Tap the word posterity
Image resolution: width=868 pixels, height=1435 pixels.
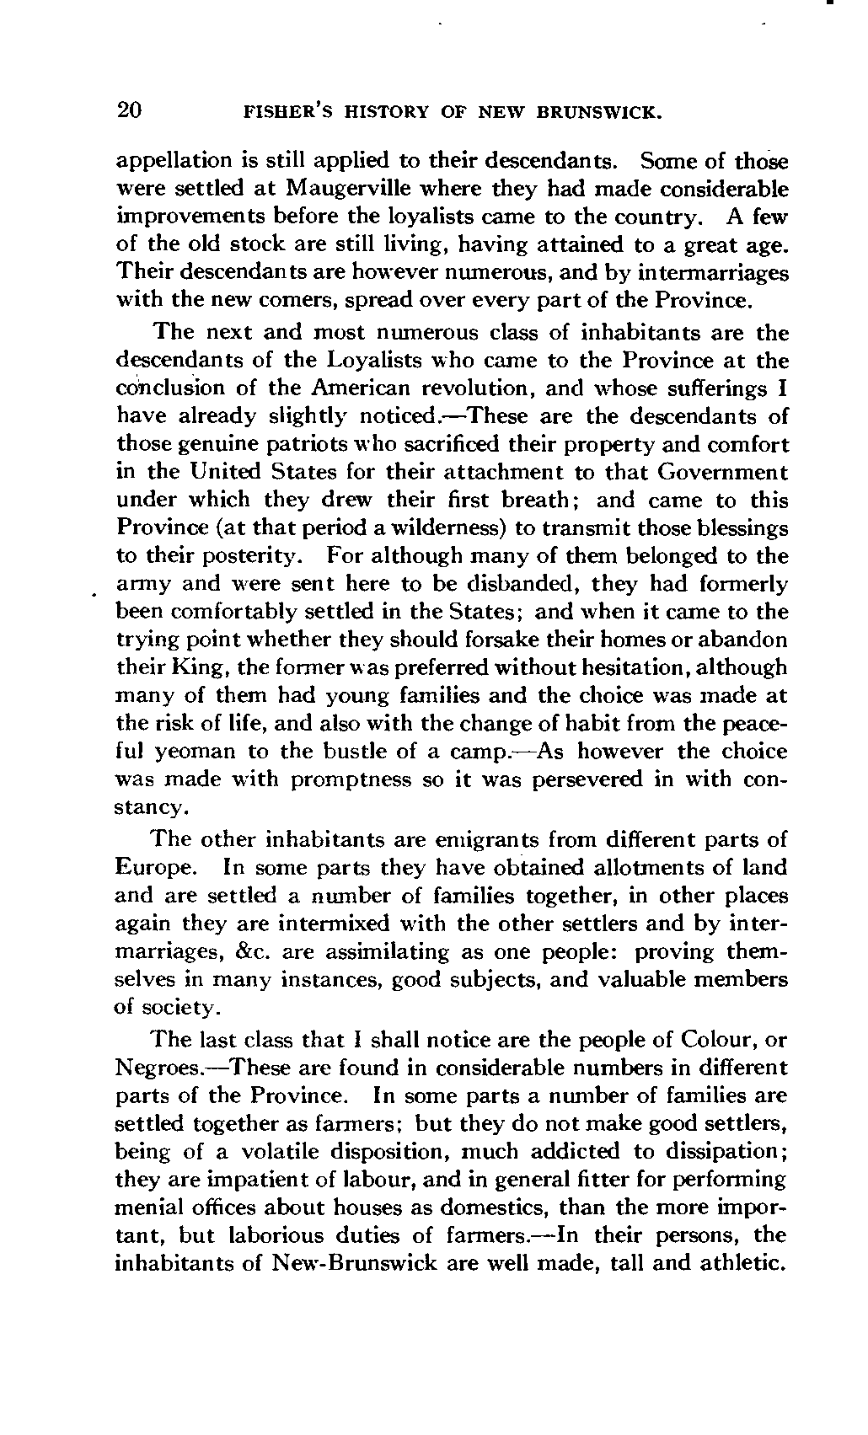pos(248,556)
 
